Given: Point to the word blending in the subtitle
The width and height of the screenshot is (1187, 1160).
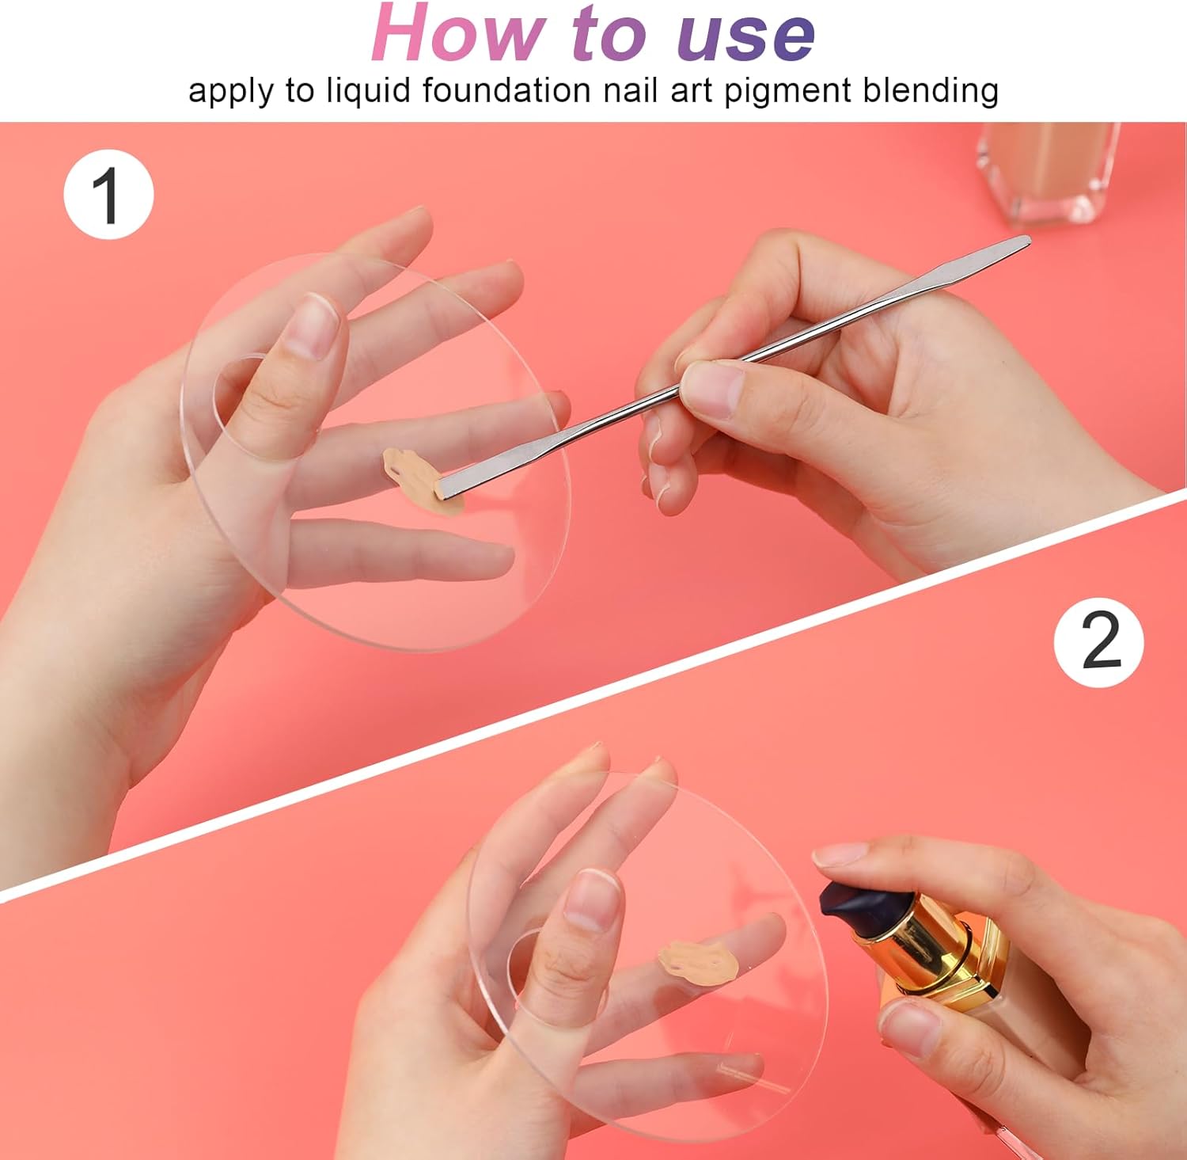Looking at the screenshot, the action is tap(931, 90).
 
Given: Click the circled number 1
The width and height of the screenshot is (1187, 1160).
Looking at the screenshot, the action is tap(108, 193).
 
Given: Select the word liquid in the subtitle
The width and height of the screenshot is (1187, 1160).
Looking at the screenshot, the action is tap(368, 91).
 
